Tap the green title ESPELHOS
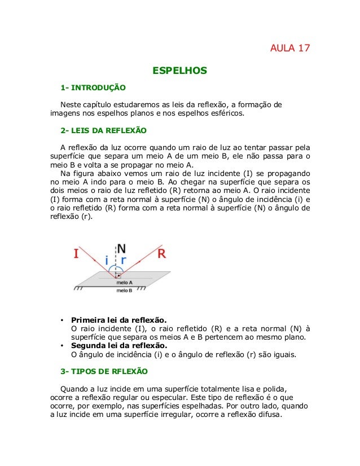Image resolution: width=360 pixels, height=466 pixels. click(x=180, y=71)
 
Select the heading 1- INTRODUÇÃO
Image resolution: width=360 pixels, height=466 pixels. click(x=93, y=88)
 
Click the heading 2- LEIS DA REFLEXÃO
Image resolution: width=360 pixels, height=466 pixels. click(x=103, y=131)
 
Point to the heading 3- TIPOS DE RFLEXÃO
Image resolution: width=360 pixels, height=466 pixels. click(x=104, y=372)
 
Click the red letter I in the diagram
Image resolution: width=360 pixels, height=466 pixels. click(x=76, y=254)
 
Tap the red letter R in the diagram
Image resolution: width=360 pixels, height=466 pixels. click(x=161, y=254)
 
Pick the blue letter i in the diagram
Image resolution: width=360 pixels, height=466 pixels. click(x=107, y=261)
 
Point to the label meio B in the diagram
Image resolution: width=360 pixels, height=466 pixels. click(x=124, y=291)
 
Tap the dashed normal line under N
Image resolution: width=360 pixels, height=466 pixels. click(x=117, y=265)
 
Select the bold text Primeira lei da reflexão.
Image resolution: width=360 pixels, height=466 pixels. click(x=119, y=318)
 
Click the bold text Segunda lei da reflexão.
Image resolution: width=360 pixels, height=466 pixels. click(x=118, y=345)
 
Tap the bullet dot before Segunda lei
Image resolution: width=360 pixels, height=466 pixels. click(x=62, y=345)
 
